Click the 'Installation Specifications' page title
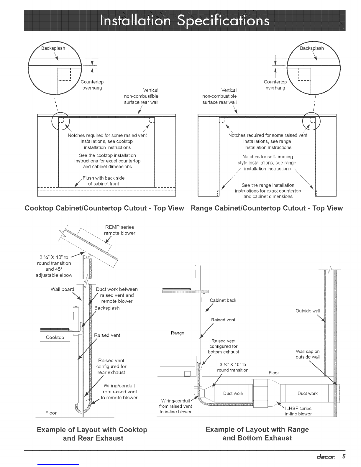pyautogui.click(x=184, y=20)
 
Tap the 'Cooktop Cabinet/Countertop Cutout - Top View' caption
pyautogui.click(x=105, y=208)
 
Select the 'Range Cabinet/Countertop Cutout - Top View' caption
pyautogui.click(x=267, y=208)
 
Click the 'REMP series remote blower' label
pyautogui.click(x=119, y=230)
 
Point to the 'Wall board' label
pyautogui.click(x=62, y=289)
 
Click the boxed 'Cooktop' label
pyautogui.click(x=55, y=337)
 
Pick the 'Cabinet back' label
pyautogui.click(x=223, y=300)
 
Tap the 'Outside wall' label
pyautogui.click(x=308, y=311)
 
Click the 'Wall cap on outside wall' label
pyautogui.click(x=308, y=354)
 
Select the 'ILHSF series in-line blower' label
pyautogui.click(x=298, y=411)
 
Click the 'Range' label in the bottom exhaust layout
pyautogui.click(x=178, y=333)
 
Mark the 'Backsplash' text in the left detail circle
pyautogui.click(x=53, y=48)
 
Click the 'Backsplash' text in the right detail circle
pyautogui.click(x=312, y=48)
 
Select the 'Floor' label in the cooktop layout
pyautogui.click(x=51, y=413)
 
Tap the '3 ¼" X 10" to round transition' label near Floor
pyautogui.click(x=232, y=367)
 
